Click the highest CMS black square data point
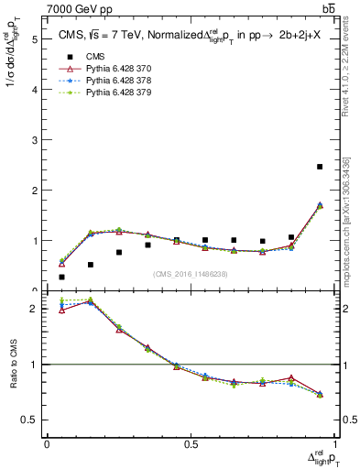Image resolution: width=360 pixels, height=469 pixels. coord(320,167)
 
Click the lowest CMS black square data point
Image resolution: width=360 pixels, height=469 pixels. coord(62,277)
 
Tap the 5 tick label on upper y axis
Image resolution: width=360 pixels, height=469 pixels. coord(34,39)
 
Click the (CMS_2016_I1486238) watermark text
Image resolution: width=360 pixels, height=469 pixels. coord(191,273)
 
